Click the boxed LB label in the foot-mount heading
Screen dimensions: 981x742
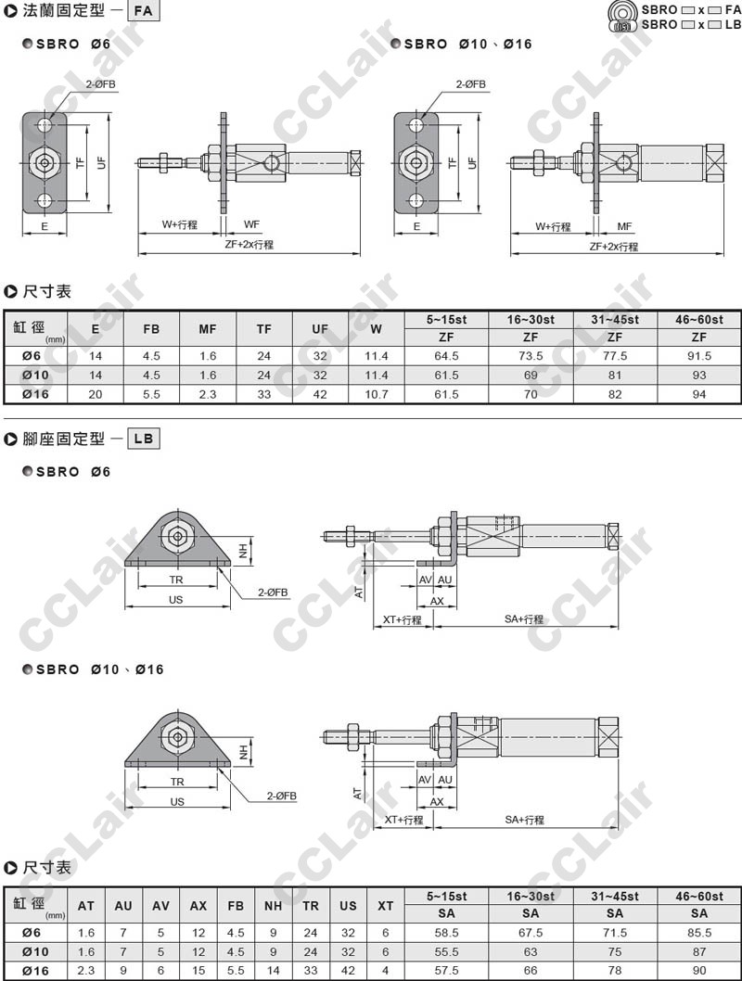(x=143, y=439)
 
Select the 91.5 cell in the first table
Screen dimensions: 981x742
(x=698, y=355)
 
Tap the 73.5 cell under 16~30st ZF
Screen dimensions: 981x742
(x=531, y=355)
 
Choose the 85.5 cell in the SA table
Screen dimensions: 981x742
(x=698, y=932)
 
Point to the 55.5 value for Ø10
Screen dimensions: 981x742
(x=446, y=950)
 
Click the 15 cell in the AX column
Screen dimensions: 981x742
(x=198, y=969)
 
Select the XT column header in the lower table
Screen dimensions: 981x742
(x=386, y=905)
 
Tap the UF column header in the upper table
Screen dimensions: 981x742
(x=320, y=328)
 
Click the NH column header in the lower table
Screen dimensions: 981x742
(x=273, y=905)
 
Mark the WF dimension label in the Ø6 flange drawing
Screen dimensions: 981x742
(x=251, y=224)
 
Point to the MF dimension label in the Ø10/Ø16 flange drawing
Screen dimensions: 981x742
(x=624, y=225)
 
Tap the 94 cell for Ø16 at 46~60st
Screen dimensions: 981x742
(x=698, y=394)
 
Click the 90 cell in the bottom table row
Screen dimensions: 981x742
(x=698, y=969)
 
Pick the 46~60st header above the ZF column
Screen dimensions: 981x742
(x=698, y=319)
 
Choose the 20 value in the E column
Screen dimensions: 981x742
(x=96, y=394)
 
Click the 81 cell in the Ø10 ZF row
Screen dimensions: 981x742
(x=614, y=375)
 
